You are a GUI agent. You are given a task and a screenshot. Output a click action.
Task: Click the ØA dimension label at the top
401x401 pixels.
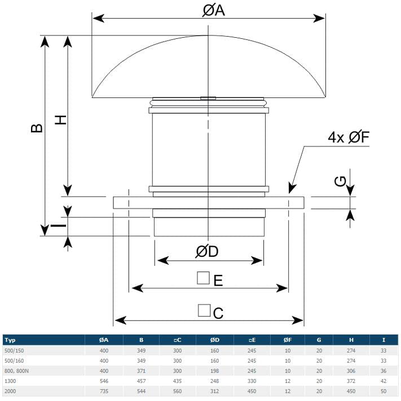click(214, 11)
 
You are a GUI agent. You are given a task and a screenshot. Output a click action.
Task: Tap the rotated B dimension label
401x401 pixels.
click(36, 128)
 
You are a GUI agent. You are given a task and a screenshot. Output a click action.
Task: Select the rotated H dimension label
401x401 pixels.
click(61, 120)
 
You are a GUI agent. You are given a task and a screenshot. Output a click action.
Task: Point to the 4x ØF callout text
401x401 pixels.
click(349, 137)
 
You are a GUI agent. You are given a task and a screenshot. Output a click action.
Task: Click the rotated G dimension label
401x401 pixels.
click(340, 181)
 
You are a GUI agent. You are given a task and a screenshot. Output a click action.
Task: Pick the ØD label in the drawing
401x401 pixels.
click(207, 251)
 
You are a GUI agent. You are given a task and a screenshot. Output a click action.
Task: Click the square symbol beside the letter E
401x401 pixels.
click(203, 278)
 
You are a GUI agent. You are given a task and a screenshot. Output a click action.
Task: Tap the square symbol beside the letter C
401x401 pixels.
click(204, 310)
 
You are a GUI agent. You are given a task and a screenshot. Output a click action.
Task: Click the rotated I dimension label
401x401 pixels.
click(59, 225)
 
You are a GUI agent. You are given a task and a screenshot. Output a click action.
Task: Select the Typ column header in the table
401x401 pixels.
click(10, 340)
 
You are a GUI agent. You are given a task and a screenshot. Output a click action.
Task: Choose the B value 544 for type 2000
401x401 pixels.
click(141, 391)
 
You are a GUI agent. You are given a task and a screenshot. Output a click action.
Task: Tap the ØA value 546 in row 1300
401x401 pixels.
click(104, 381)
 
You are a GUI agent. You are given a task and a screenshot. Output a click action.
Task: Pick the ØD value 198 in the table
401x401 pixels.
click(214, 371)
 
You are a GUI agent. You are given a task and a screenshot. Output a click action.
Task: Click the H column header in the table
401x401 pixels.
click(351, 340)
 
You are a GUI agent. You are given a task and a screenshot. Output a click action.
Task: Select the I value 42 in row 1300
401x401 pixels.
click(384, 381)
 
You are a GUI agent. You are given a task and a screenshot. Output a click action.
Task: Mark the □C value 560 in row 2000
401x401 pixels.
click(177, 391)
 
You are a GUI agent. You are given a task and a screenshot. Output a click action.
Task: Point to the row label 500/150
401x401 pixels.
click(14, 351)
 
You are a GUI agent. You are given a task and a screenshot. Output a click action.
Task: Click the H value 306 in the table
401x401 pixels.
click(351, 371)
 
